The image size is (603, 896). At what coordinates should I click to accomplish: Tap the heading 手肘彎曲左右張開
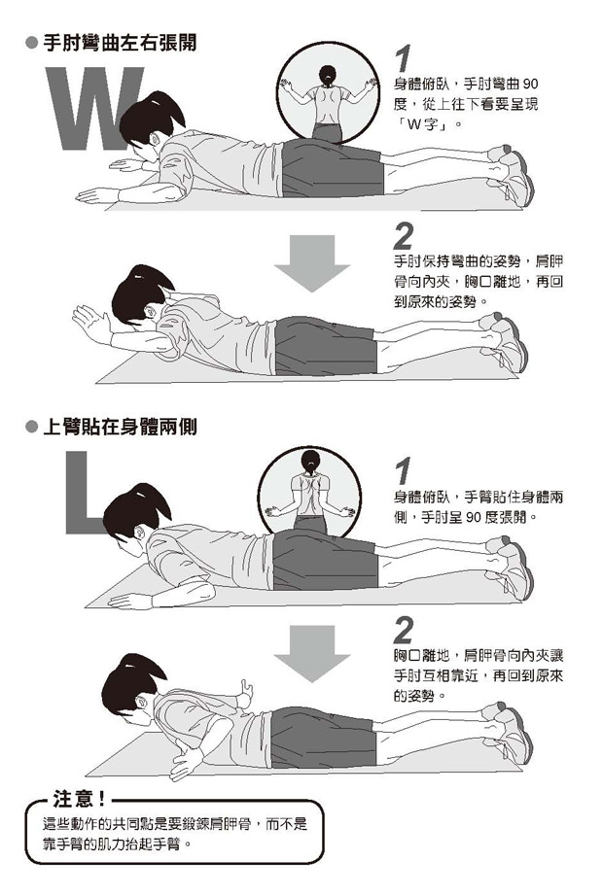point(121,43)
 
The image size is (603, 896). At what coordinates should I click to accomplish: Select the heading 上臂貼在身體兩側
point(121,427)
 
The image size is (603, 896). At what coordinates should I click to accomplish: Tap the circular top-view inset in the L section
point(309,491)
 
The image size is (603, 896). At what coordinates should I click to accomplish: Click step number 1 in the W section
point(404,59)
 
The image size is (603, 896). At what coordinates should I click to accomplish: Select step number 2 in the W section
point(404,235)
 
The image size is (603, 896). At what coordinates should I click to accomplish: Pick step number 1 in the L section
point(404,470)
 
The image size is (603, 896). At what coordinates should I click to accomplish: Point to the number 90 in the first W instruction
point(530,85)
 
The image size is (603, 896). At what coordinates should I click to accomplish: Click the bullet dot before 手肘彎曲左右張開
point(32,43)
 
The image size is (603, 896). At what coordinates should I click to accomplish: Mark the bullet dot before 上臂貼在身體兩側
point(32,427)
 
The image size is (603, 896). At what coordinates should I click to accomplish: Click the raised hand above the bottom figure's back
point(246,690)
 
